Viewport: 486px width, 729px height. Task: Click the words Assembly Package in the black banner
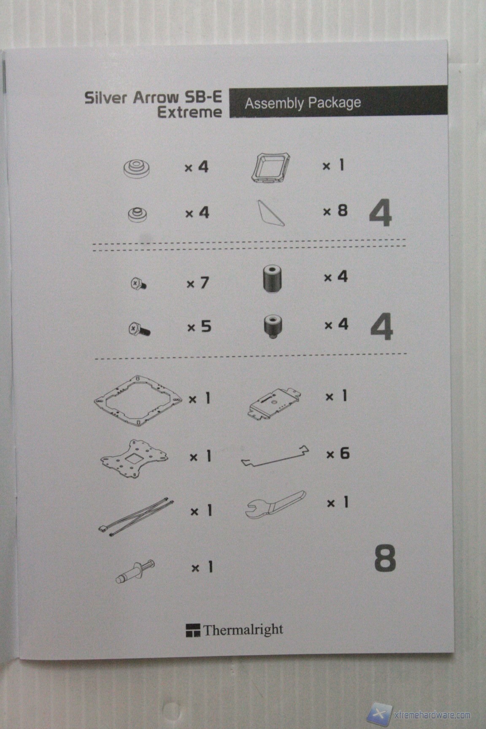[303, 103]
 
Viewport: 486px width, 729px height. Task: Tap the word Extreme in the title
[189, 112]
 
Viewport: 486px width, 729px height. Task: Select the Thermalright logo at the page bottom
[235, 630]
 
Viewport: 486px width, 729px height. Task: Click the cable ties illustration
[136, 516]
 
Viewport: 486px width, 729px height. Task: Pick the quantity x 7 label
[197, 283]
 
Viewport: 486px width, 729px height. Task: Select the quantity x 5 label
[199, 327]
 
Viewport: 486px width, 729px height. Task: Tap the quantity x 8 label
[335, 211]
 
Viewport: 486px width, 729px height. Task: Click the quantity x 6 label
[338, 454]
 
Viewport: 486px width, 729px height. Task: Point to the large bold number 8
[385, 559]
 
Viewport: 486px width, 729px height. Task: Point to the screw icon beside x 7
[138, 283]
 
